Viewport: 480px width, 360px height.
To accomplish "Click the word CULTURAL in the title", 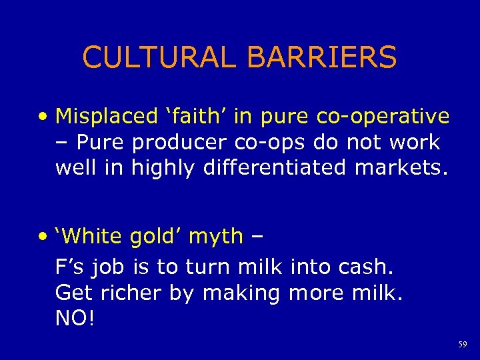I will (x=160, y=57).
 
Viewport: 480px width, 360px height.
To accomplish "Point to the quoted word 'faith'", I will (x=193, y=116).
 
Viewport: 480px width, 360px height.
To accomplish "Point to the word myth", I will (x=216, y=237).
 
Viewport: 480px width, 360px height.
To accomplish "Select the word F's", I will (x=70, y=267).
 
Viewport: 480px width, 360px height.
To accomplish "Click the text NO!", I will (x=75, y=318).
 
